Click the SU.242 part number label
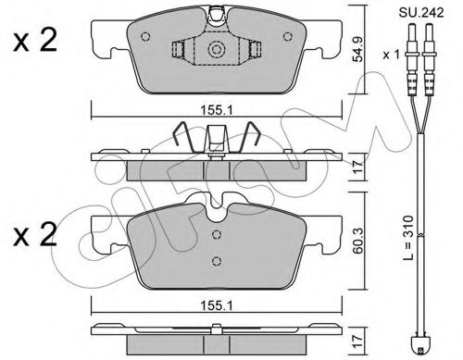[x=421, y=13]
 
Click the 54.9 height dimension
[x=358, y=49]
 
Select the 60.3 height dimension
[x=358, y=241]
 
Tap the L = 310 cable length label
[x=408, y=238]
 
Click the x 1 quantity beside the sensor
[x=392, y=55]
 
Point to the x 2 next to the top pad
[x=35, y=41]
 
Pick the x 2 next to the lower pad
[x=35, y=235]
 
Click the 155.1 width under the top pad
[x=217, y=110]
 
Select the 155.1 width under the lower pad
[x=217, y=305]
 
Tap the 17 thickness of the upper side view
[x=358, y=167]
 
